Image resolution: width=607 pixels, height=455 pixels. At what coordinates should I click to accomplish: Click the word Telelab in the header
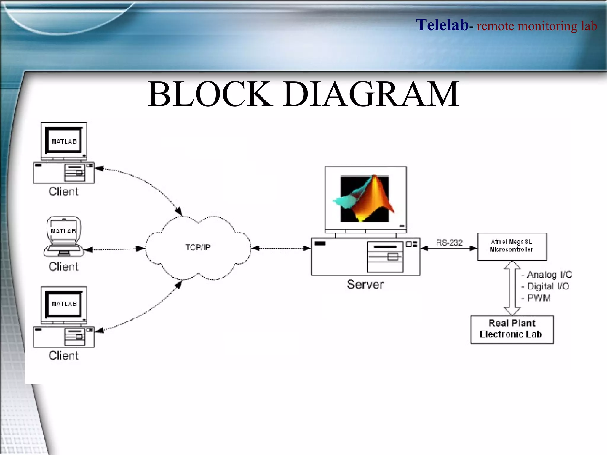(x=442, y=25)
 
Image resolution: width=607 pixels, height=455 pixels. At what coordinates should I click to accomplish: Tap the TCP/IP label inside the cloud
(x=198, y=247)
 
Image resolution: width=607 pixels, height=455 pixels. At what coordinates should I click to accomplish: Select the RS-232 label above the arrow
(x=449, y=243)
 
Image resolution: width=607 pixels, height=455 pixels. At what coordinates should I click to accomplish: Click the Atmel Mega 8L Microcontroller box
(x=512, y=246)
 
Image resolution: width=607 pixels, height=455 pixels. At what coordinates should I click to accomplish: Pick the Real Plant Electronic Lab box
(x=512, y=329)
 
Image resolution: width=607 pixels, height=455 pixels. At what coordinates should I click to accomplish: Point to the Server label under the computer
(x=365, y=284)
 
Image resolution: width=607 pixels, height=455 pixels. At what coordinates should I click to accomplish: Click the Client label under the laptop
(x=63, y=267)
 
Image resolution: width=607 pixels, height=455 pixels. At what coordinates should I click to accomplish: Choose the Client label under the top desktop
(x=63, y=191)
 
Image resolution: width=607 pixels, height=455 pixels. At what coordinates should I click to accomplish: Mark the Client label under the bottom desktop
(x=63, y=355)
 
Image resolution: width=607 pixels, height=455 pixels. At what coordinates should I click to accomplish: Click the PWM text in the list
(x=539, y=298)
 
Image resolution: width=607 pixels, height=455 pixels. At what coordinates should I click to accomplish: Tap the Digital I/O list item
(x=548, y=286)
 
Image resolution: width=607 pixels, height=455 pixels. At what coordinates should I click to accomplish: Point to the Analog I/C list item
(x=549, y=275)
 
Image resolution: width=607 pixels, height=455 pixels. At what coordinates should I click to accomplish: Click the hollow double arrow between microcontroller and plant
(x=512, y=288)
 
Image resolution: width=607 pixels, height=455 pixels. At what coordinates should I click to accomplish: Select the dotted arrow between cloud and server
(x=281, y=248)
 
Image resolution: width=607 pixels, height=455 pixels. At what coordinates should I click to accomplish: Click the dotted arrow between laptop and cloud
(x=115, y=249)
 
